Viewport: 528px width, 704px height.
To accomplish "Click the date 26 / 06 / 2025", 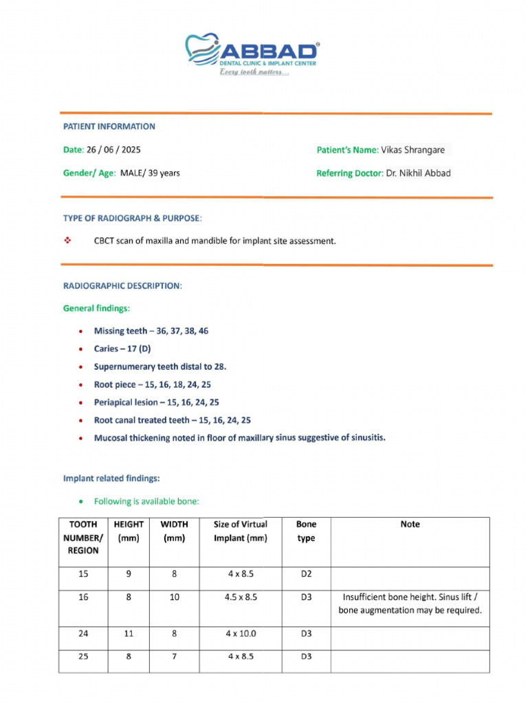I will [x=113, y=149].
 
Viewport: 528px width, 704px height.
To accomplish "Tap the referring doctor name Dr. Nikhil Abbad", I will [x=417, y=173].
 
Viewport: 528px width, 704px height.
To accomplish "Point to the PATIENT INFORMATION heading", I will [x=109, y=126].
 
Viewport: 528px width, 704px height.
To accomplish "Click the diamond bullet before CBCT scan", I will [x=67, y=241].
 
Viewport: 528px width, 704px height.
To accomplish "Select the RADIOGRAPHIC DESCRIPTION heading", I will [x=122, y=285].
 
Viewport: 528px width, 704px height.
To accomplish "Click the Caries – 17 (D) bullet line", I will [x=122, y=349].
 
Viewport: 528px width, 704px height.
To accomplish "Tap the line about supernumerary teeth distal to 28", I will [x=159, y=366].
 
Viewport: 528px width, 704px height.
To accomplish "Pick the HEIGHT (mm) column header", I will [x=129, y=531].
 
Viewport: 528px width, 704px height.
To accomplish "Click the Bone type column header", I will [x=306, y=531].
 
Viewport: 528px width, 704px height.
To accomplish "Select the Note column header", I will [x=410, y=524].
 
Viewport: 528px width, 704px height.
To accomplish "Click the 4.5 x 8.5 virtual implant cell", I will [x=241, y=597].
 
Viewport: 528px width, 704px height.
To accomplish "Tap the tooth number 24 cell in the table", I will [x=83, y=633].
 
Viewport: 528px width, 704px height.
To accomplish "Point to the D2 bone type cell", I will [x=306, y=573].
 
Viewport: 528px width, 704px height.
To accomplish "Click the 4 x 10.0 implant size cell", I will [x=241, y=633].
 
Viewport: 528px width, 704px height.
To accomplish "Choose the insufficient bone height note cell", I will [x=410, y=604].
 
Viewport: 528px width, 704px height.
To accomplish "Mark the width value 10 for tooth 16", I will [x=175, y=597].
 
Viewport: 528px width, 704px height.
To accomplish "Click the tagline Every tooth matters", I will [x=254, y=73].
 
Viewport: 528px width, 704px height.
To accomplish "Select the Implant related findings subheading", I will [x=111, y=478].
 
